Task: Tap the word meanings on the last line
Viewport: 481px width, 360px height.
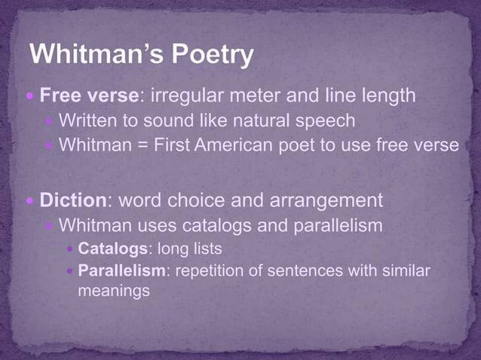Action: pos(114,290)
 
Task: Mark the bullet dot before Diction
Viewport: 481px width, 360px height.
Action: pos(30,202)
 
